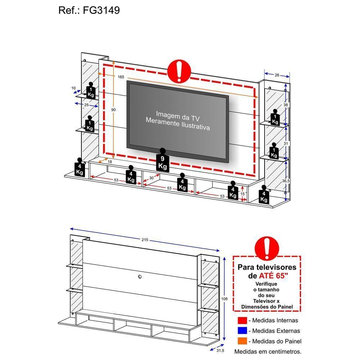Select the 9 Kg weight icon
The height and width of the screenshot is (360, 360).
[162, 161]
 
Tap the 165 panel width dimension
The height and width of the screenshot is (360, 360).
[121, 77]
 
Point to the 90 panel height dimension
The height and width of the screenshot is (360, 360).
[113, 109]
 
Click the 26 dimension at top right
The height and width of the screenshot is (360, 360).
[276, 75]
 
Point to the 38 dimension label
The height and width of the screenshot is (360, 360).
[285, 105]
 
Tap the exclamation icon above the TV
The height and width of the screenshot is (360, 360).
[179, 71]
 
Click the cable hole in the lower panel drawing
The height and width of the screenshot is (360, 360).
[140, 277]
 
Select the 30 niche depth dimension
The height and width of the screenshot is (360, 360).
[151, 178]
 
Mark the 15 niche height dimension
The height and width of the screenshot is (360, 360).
[243, 194]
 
